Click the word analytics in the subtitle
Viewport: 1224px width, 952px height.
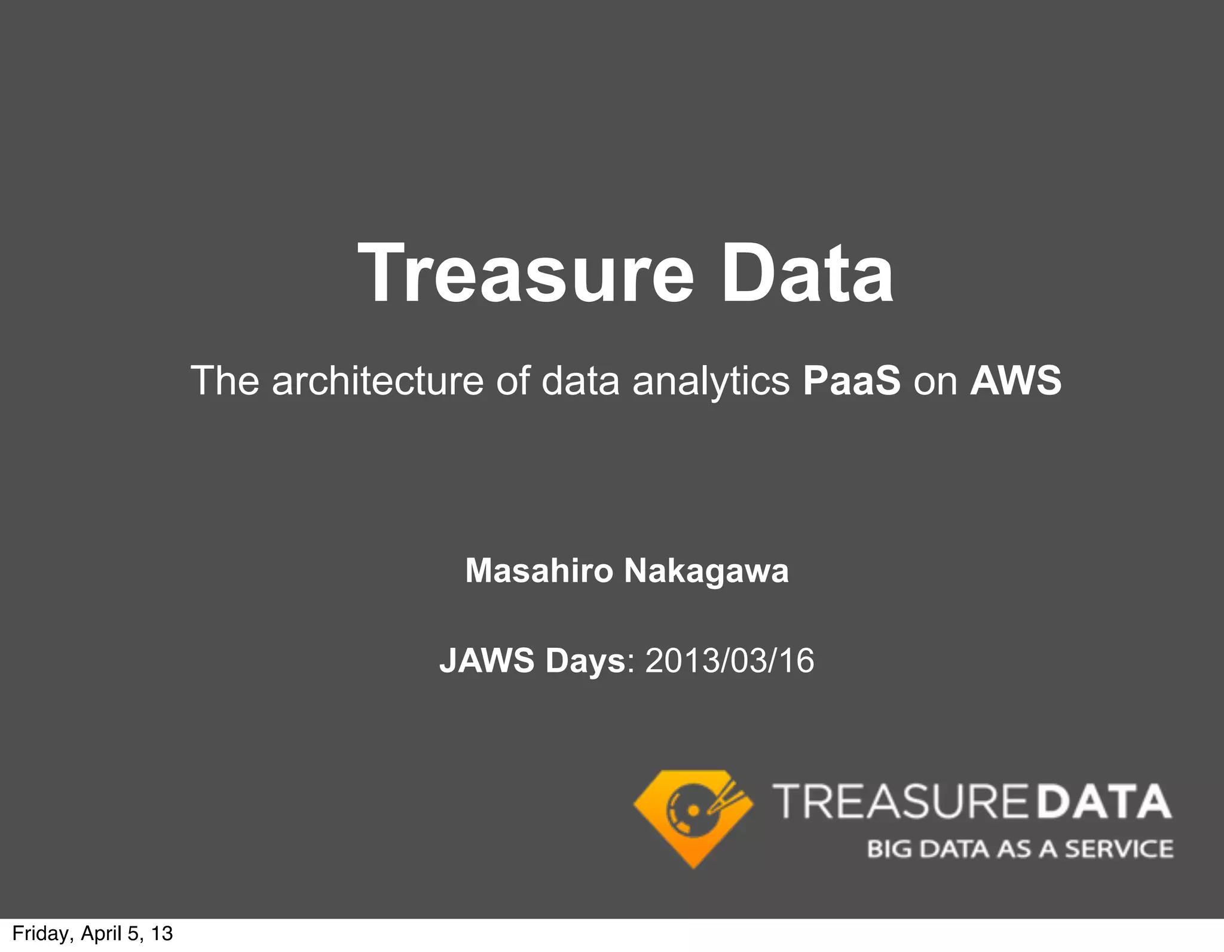(x=711, y=381)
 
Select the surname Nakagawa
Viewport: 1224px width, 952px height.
(x=706, y=571)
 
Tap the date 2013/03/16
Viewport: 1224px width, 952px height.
(x=730, y=660)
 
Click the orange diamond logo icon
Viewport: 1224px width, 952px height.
(x=693, y=817)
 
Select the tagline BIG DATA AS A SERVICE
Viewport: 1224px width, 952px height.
(x=1020, y=849)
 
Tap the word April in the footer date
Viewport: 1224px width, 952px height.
(x=101, y=933)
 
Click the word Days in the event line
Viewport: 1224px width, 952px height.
(x=585, y=660)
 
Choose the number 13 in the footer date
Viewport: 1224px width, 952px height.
(x=162, y=933)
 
